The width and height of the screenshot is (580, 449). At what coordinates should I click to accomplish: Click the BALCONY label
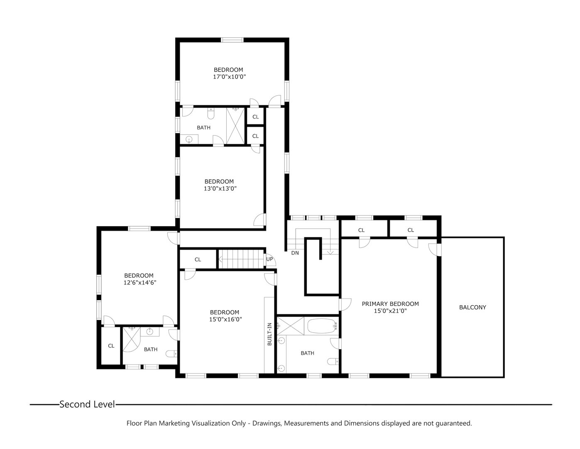click(472, 307)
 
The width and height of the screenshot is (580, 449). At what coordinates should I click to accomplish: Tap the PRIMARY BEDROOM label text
click(390, 304)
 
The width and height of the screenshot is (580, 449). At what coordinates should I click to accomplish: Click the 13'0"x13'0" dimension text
click(220, 188)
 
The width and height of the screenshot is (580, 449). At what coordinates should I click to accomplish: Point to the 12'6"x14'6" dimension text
click(139, 283)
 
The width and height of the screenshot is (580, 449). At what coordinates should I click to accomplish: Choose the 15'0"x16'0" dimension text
click(225, 320)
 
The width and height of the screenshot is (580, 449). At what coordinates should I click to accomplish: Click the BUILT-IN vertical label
click(269, 334)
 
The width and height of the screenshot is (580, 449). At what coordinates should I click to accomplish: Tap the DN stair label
click(295, 253)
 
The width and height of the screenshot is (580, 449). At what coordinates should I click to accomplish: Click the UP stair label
click(269, 259)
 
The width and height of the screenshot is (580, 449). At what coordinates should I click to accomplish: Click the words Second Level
click(87, 404)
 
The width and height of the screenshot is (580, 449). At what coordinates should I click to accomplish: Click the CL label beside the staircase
click(198, 259)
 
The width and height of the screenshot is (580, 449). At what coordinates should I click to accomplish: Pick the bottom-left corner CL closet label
click(111, 346)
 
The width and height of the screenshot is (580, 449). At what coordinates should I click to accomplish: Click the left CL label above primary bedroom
click(361, 230)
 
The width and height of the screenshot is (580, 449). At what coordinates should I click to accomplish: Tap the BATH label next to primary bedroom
click(307, 353)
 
